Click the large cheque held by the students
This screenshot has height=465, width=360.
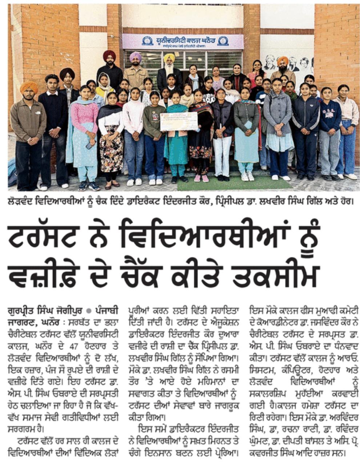178,121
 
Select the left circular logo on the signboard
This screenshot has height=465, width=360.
147,41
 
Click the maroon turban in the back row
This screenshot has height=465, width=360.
109,55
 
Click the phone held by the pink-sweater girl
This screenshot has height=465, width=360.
88,145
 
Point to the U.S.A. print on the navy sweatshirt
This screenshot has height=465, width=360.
330,110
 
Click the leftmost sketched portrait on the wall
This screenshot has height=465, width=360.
269,62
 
